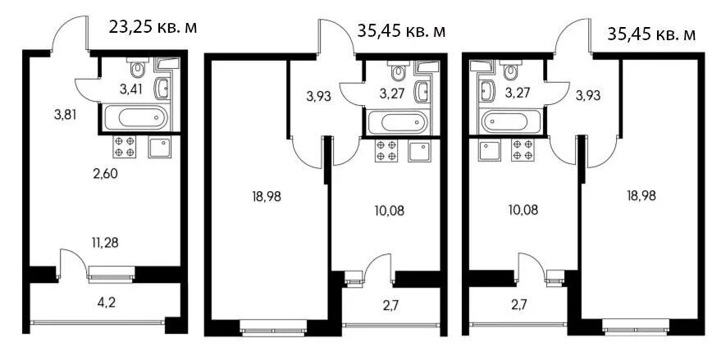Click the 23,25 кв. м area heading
pos(153,28)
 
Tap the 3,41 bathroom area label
pos(130,89)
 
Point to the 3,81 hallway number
pos(65,115)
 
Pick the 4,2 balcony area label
pos(106,304)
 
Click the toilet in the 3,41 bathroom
pos(136,68)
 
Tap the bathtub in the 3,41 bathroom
pos(135,117)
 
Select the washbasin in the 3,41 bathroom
pos(162,89)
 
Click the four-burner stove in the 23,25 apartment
pos(125,147)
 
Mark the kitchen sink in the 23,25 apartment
pos(160,147)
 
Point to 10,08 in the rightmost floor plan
pos(521,211)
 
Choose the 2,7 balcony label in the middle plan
pos(390,306)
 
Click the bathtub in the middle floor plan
pos(397,122)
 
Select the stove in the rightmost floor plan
pos(522,150)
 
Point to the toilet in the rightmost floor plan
pos(509,70)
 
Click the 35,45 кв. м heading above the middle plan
pos(401,31)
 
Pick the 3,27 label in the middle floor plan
pos(389,93)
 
